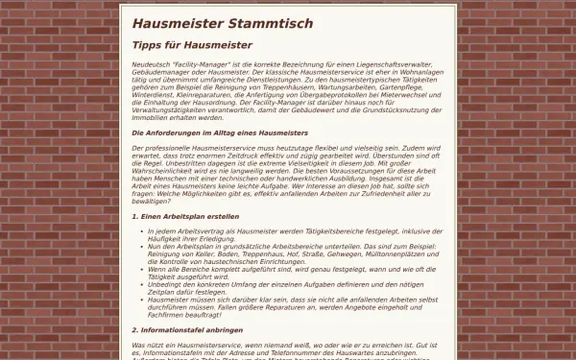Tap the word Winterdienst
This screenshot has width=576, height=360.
[x=153, y=97]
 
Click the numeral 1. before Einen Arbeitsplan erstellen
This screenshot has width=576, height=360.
[x=134, y=217]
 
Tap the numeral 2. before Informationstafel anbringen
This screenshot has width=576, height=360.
[x=134, y=329]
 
